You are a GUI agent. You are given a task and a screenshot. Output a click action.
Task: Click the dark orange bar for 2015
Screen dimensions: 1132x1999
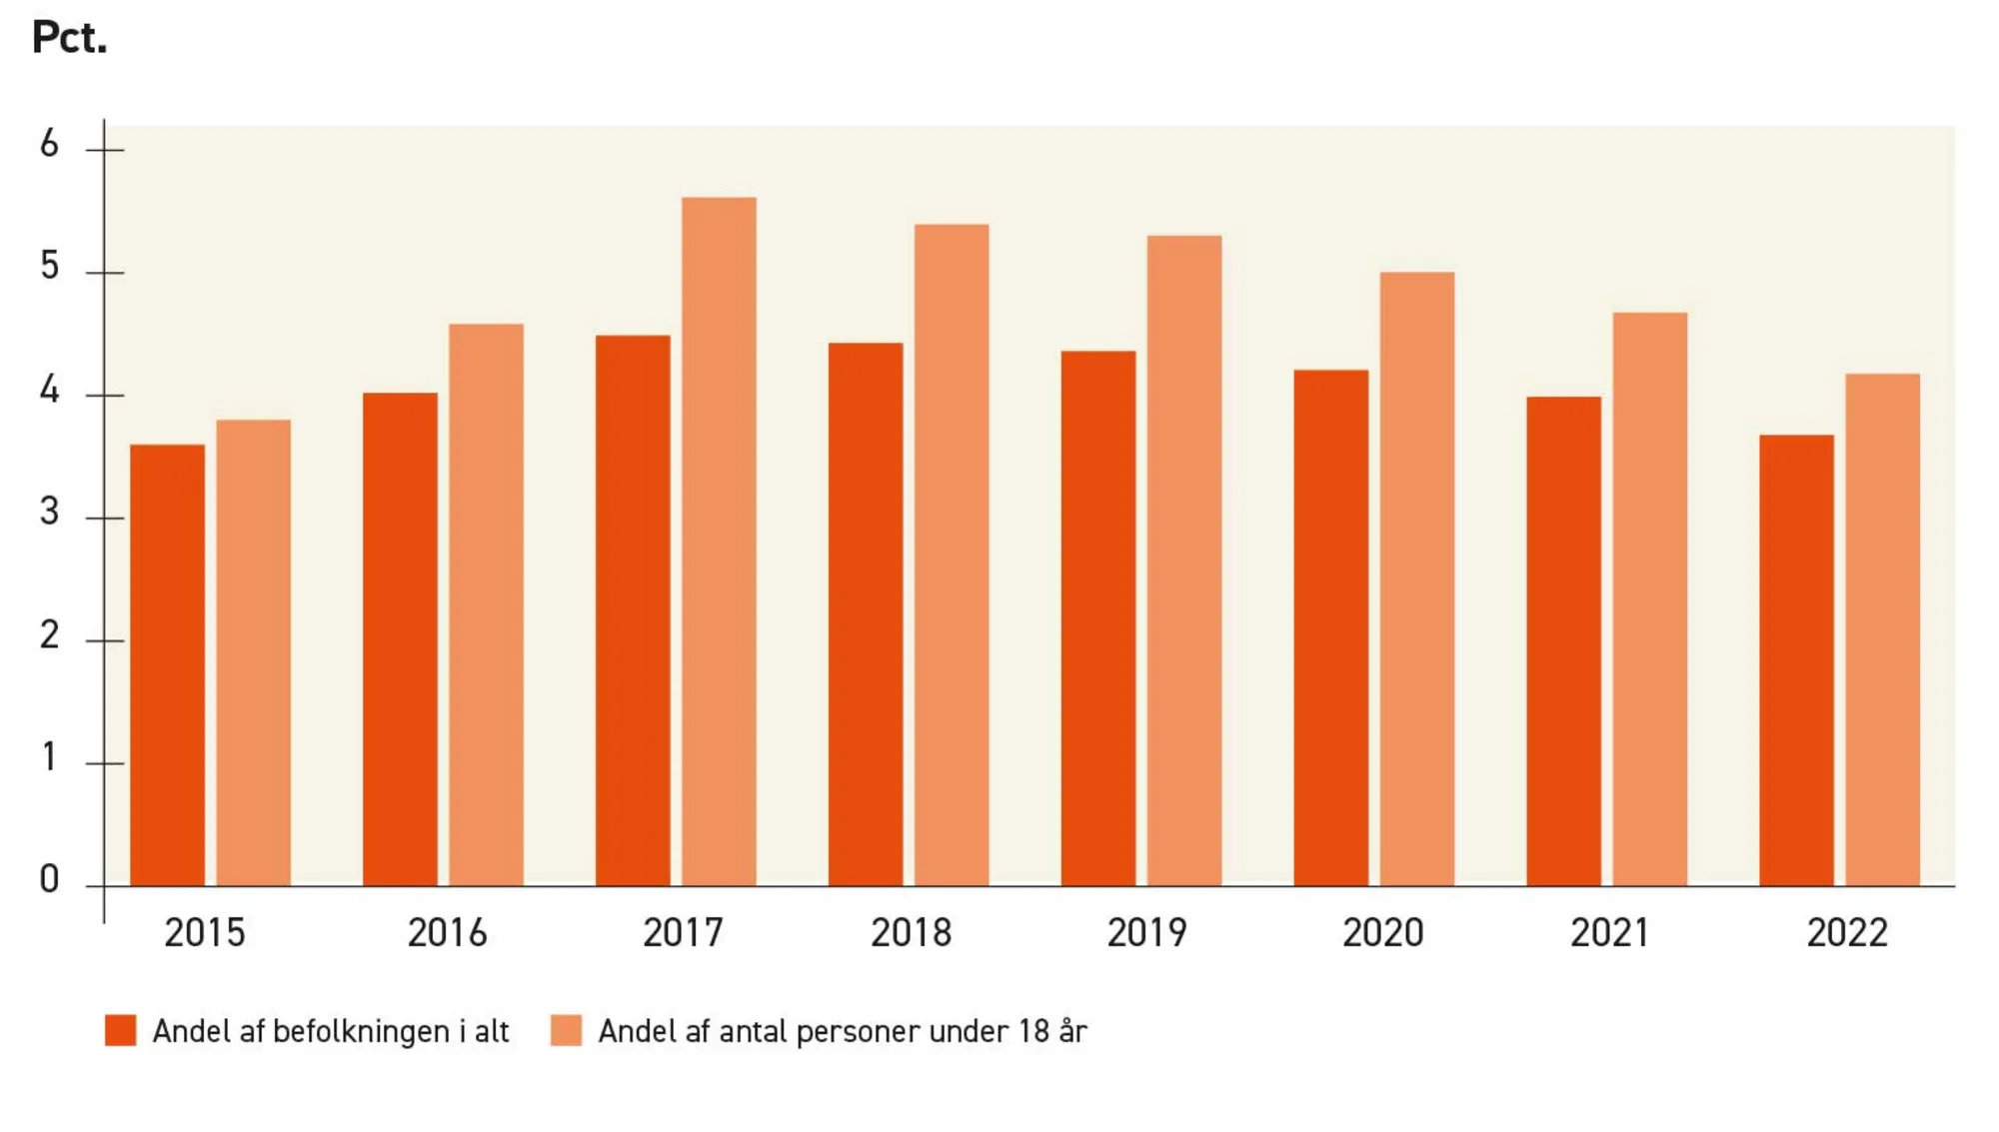coord(167,664)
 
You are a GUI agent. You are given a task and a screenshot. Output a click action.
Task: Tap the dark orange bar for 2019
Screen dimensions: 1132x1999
coord(1097,617)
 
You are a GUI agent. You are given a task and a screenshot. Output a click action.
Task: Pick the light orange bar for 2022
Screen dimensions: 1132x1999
coord(1882,629)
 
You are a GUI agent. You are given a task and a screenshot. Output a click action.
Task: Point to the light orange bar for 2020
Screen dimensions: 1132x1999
coord(1416,578)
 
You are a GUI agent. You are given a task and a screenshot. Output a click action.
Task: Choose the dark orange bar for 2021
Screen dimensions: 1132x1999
coord(1563,640)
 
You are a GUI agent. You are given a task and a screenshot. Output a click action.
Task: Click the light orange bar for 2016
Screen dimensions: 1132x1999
coord(486,604)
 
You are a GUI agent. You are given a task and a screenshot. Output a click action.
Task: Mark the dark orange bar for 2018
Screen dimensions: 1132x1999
coord(865,613)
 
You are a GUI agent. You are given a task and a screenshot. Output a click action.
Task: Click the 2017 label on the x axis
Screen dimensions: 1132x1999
coord(683,933)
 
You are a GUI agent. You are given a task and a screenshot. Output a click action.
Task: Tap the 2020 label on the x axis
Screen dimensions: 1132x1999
coord(1382,933)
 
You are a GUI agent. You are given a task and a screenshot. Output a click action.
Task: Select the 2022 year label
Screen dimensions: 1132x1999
coord(1847,933)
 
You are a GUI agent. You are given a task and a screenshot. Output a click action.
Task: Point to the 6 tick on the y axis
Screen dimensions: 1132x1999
coord(49,145)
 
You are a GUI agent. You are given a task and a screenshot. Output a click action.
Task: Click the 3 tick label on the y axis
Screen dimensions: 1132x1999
coord(49,513)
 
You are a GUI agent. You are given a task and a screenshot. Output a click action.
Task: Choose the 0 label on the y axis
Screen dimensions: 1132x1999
coord(49,879)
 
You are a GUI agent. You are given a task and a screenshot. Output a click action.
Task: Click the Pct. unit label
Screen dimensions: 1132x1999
coord(69,38)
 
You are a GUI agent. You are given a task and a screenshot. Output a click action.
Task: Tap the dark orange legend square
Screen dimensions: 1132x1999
coord(121,1030)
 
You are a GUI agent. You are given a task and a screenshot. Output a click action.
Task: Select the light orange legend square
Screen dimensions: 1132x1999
coord(566,1030)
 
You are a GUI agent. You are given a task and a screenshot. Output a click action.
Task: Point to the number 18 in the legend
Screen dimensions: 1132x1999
coord(1033,1030)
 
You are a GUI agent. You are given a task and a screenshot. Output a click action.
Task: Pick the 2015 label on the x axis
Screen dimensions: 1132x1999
coord(204,933)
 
